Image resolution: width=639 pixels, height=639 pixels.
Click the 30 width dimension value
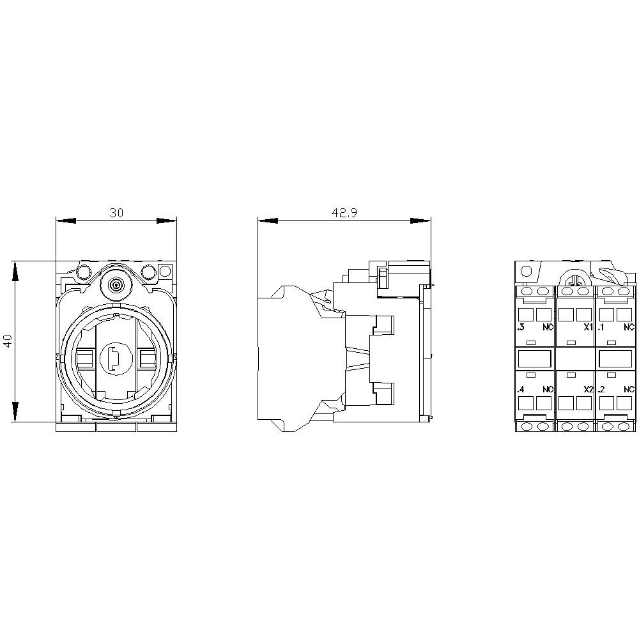116,213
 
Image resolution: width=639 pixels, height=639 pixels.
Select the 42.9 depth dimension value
344,213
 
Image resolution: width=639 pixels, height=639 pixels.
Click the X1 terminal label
588,327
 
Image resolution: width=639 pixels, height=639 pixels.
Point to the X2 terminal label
588,389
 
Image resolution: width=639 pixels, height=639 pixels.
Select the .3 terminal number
520,327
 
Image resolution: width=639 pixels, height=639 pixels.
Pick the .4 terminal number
520,389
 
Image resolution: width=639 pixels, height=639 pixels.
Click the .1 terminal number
601,327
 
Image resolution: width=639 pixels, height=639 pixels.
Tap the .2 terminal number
601,389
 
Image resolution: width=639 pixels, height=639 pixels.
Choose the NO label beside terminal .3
548,327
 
